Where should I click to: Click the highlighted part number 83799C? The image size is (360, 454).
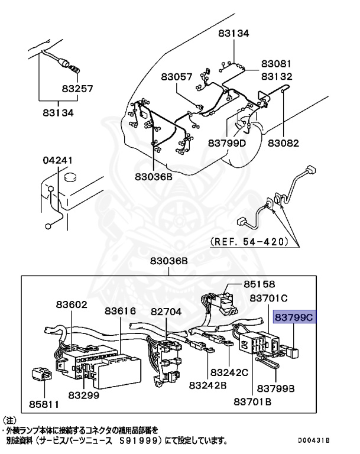(294, 317)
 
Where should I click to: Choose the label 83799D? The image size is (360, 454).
(227, 142)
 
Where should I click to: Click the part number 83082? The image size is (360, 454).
(284, 142)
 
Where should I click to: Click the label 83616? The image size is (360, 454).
(121, 311)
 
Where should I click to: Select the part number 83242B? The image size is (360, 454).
(208, 385)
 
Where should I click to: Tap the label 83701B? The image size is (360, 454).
(252, 402)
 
